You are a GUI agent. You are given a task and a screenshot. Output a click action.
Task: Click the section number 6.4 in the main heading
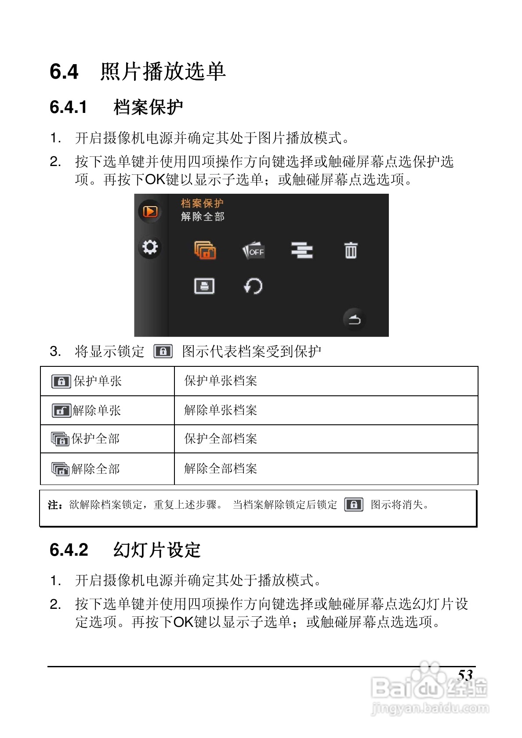click(64, 72)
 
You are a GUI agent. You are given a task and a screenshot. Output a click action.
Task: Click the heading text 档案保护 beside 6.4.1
click(148, 107)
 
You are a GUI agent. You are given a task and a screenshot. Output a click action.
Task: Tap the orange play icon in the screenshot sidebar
click(150, 212)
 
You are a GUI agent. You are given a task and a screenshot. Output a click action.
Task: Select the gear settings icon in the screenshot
click(150, 247)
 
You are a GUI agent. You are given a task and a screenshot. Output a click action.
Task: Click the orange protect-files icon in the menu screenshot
click(205, 250)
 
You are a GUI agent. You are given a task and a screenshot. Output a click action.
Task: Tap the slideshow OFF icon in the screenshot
click(254, 251)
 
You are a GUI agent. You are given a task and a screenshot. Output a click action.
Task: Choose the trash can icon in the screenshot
click(351, 250)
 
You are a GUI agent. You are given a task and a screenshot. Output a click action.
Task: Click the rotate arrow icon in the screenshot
click(253, 286)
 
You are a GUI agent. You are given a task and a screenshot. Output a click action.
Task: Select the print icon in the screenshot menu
click(204, 286)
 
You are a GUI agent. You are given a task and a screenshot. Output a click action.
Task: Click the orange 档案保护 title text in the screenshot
click(202, 203)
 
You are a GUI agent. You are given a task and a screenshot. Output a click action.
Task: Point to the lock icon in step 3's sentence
click(163, 351)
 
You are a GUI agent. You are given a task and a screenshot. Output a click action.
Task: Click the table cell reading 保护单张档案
click(221, 381)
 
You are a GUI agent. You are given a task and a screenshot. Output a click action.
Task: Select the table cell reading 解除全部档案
click(221, 469)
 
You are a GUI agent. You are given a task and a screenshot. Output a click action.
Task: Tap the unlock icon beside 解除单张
click(61, 411)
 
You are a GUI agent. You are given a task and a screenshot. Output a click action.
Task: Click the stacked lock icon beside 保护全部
click(60, 439)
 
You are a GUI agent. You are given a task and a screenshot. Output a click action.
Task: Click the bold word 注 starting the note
click(53, 505)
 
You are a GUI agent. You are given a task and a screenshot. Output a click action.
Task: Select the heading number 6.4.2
click(69, 550)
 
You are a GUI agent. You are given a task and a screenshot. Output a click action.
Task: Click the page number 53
click(465, 675)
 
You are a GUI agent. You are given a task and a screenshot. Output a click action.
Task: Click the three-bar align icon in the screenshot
click(302, 250)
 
